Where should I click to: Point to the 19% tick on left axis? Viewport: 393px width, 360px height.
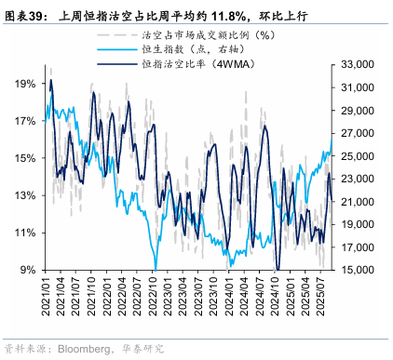coord(26,84)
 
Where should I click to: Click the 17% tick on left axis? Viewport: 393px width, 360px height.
coord(26,121)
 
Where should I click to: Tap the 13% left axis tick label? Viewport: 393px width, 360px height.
coord(26,195)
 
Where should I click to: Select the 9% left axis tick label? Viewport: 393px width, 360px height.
coord(29,270)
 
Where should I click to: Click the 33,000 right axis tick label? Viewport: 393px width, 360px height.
coord(360,64)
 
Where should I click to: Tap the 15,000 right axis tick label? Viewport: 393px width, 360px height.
coord(360,270)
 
